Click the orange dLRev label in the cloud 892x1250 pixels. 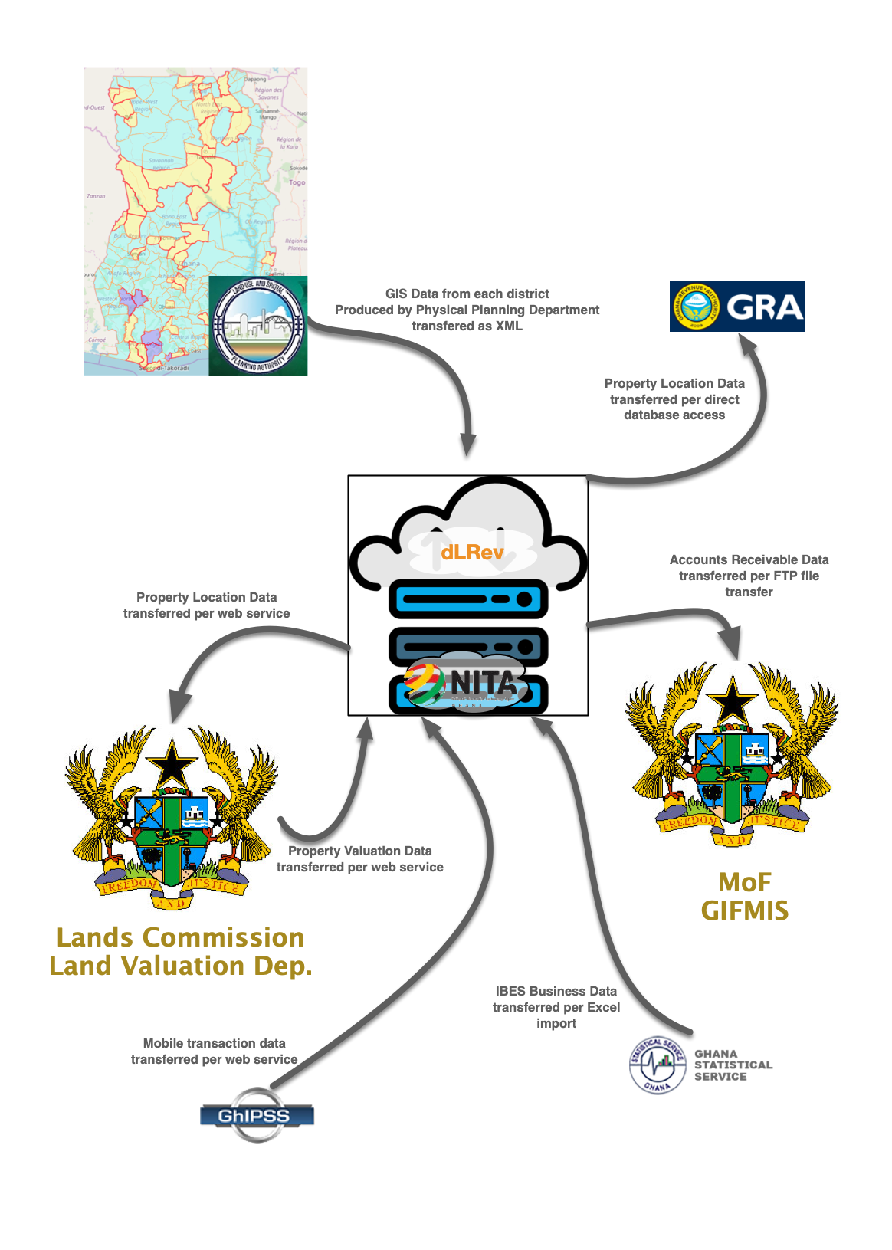(x=472, y=552)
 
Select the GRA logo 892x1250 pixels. (x=737, y=306)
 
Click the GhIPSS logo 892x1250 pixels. (x=257, y=1115)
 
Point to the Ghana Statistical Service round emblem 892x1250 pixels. (x=658, y=1065)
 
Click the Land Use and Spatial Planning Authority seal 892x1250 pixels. (x=258, y=326)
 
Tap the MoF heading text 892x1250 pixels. (x=745, y=882)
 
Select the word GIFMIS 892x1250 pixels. (x=745, y=910)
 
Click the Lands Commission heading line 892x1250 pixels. (x=181, y=937)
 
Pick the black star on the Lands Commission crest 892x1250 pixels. (x=172, y=762)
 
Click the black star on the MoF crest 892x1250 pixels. (x=733, y=698)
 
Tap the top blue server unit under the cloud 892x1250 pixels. (x=468, y=599)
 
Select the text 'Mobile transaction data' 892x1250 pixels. (x=215, y=1043)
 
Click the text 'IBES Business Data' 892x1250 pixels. (x=556, y=991)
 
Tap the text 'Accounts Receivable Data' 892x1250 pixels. (x=749, y=559)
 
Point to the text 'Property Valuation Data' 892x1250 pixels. (x=360, y=851)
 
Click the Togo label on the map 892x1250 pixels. (x=297, y=182)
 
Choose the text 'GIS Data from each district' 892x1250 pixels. (x=467, y=294)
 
